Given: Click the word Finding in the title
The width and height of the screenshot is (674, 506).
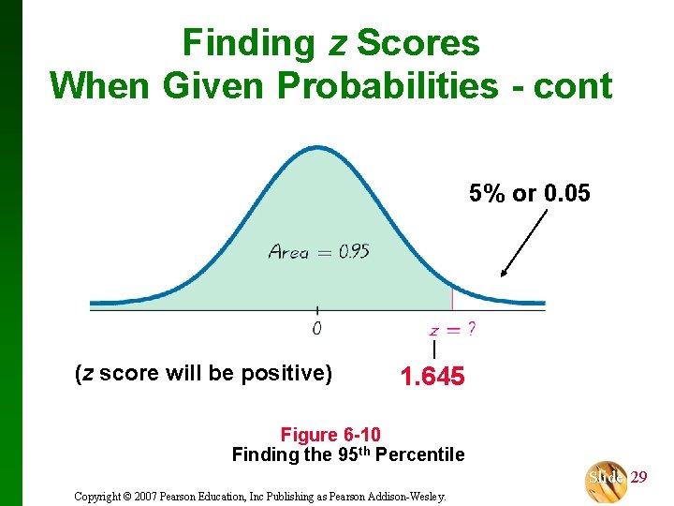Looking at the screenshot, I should pos(248,43).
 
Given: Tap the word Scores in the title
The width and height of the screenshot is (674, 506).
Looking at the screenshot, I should pos(418,43).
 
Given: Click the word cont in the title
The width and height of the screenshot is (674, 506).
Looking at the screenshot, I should pos(573,86).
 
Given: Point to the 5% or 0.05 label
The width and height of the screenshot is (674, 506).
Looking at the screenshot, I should pos(530,193).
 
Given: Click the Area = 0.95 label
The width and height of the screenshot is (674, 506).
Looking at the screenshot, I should pos(318,251).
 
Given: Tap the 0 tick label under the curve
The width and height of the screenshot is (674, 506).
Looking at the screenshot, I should pos(316,328).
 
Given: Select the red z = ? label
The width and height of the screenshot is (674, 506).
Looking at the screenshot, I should pos(451,329).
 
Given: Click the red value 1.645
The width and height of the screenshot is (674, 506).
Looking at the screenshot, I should pos(432,377).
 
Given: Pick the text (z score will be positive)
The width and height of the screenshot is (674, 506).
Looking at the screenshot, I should pos(203,374).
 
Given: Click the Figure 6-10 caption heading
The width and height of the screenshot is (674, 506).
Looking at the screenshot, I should pos(330,434).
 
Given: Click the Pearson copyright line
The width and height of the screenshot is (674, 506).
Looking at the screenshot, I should pos(260,496).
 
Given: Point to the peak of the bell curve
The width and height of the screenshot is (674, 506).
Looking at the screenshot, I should pos(317,148).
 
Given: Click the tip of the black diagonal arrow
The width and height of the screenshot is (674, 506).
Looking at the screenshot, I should pos(503,276).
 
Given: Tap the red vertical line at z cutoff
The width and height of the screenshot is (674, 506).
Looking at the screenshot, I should pos(452,298).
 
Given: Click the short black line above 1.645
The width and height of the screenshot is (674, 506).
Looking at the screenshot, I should pos(433,350).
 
